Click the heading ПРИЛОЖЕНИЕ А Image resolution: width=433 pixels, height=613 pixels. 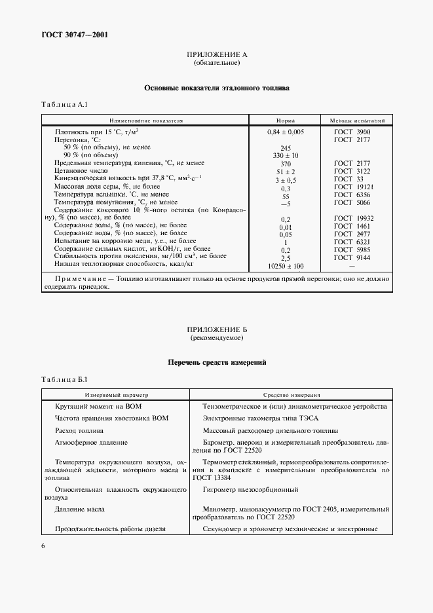(217, 54)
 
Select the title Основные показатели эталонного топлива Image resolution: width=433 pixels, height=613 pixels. (217, 88)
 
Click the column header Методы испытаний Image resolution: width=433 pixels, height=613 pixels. (356, 121)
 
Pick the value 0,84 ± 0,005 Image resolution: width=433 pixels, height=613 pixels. (286, 132)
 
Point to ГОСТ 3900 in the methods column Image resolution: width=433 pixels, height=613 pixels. (352, 132)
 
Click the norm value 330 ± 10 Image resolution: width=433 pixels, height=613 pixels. (286, 155)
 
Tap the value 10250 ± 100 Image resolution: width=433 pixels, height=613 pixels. (286, 267)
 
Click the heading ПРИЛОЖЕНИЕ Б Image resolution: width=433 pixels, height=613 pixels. (217, 329)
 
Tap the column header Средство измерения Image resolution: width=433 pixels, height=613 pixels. (292, 396)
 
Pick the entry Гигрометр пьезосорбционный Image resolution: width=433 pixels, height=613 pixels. (251, 489)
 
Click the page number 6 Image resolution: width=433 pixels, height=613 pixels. (43, 545)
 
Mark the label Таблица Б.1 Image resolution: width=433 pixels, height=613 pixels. (64, 380)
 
